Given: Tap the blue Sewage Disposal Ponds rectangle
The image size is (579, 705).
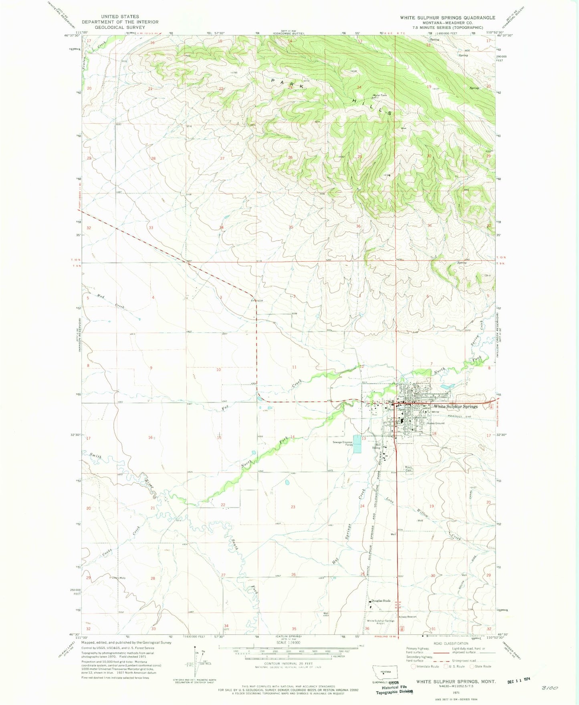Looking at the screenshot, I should click(357, 444).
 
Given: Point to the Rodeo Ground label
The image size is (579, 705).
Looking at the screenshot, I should click(436, 423).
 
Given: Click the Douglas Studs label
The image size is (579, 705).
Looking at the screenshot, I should click(381, 601).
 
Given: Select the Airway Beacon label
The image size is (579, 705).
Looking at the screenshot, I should click(408, 617).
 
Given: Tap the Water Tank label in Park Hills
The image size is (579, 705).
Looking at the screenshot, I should click(380, 95).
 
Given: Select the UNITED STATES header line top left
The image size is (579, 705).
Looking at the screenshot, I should click(120, 17).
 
